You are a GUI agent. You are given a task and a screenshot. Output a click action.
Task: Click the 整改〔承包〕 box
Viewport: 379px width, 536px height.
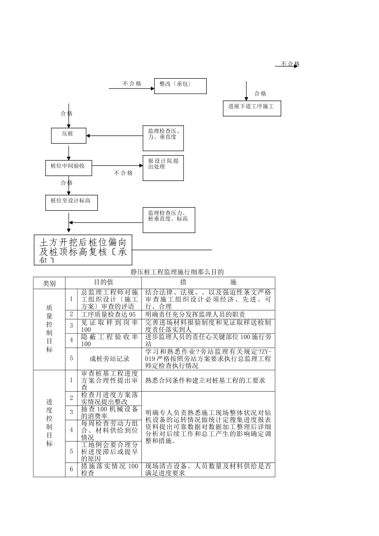coord(180,86)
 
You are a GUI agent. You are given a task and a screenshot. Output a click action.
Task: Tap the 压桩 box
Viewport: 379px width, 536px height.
coord(69,136)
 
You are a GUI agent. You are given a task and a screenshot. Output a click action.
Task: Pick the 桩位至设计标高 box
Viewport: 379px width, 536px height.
coord(71,203)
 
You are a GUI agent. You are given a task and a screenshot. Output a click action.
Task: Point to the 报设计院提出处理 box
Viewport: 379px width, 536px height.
coord(163,168)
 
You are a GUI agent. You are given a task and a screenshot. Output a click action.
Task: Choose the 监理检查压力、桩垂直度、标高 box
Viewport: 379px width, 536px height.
coord(169,220)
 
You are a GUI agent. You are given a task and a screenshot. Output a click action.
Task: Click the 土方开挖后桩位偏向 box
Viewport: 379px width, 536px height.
coord(83,250)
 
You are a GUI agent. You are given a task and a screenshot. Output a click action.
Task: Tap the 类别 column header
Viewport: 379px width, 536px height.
coord(49,283)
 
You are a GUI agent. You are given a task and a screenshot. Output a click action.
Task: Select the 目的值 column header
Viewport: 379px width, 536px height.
coord(103,282)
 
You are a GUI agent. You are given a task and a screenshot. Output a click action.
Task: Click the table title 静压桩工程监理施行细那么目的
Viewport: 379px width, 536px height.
coord(177,272)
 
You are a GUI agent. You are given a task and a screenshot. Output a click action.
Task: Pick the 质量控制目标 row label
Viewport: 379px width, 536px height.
coord(49,329)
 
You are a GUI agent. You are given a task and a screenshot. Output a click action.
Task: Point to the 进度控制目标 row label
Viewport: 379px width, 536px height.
coord(49,423)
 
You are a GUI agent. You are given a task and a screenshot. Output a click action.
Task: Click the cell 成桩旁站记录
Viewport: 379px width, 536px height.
coord(109,359)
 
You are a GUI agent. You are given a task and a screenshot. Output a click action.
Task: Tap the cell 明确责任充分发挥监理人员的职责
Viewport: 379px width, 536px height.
coord(195,314)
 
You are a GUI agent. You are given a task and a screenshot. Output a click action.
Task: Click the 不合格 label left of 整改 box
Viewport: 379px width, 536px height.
coord(132,84)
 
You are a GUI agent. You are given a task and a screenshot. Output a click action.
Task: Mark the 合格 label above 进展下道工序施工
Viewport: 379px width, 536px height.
coord(260,94)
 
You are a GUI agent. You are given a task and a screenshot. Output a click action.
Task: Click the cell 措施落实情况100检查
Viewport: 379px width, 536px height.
coord(109,469)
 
